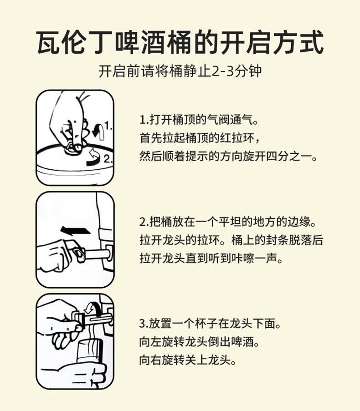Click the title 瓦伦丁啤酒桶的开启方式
pos(180,42)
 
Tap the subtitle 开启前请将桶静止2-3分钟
pos(180,71)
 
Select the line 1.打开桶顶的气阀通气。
pos(199,120)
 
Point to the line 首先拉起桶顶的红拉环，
pos(200,138)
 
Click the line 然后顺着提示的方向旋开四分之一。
pos(229,157)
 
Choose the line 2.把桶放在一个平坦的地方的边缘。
pos(228,222)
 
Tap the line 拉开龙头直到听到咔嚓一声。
pos(212,259)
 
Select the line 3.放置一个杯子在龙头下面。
pos(211,324)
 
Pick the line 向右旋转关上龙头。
pos(188,360)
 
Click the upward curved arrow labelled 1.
pos(99,131)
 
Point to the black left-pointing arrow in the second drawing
pos(75,231)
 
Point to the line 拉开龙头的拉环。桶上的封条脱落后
pos(231,240)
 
